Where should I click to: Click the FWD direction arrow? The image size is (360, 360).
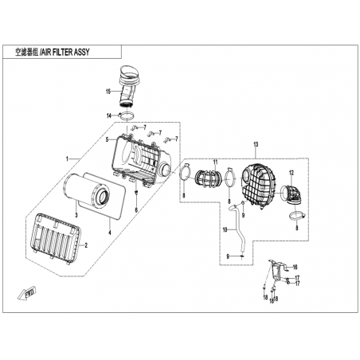click(x=26, y=293)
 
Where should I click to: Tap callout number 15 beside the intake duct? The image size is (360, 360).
click(x=108, y=92)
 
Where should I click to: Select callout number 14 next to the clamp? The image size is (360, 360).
click(x=109, y=115)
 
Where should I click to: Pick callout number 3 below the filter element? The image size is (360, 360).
click(x=76, y=215)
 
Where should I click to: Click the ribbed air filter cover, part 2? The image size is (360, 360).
click(x=56, y=239)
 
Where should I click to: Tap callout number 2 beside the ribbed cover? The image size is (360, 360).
click(x=86, y=245)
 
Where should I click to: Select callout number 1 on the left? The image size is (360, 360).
click(x=68, y=158)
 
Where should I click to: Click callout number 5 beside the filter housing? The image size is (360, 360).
click(x=108, y=139)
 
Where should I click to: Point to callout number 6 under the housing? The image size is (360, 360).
click(x=136, y=210)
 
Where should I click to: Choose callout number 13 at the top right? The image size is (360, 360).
click(x=256, y=145)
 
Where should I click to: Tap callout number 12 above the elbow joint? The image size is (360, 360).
click(x=292, y=173)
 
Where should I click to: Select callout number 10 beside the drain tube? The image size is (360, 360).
click(x=225, y=229)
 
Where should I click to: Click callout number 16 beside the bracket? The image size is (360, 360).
click(x=295, y=267)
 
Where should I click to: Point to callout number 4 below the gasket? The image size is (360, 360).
click(x=109, y=233)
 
